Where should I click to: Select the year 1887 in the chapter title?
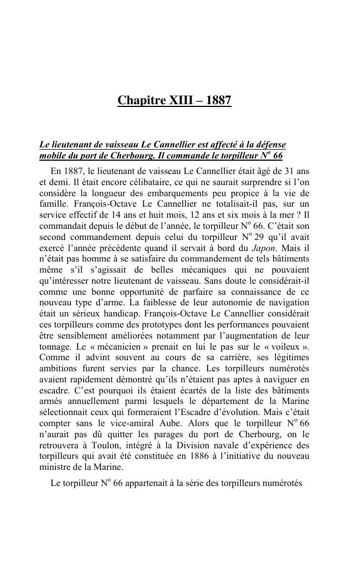[x=218, y=101]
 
